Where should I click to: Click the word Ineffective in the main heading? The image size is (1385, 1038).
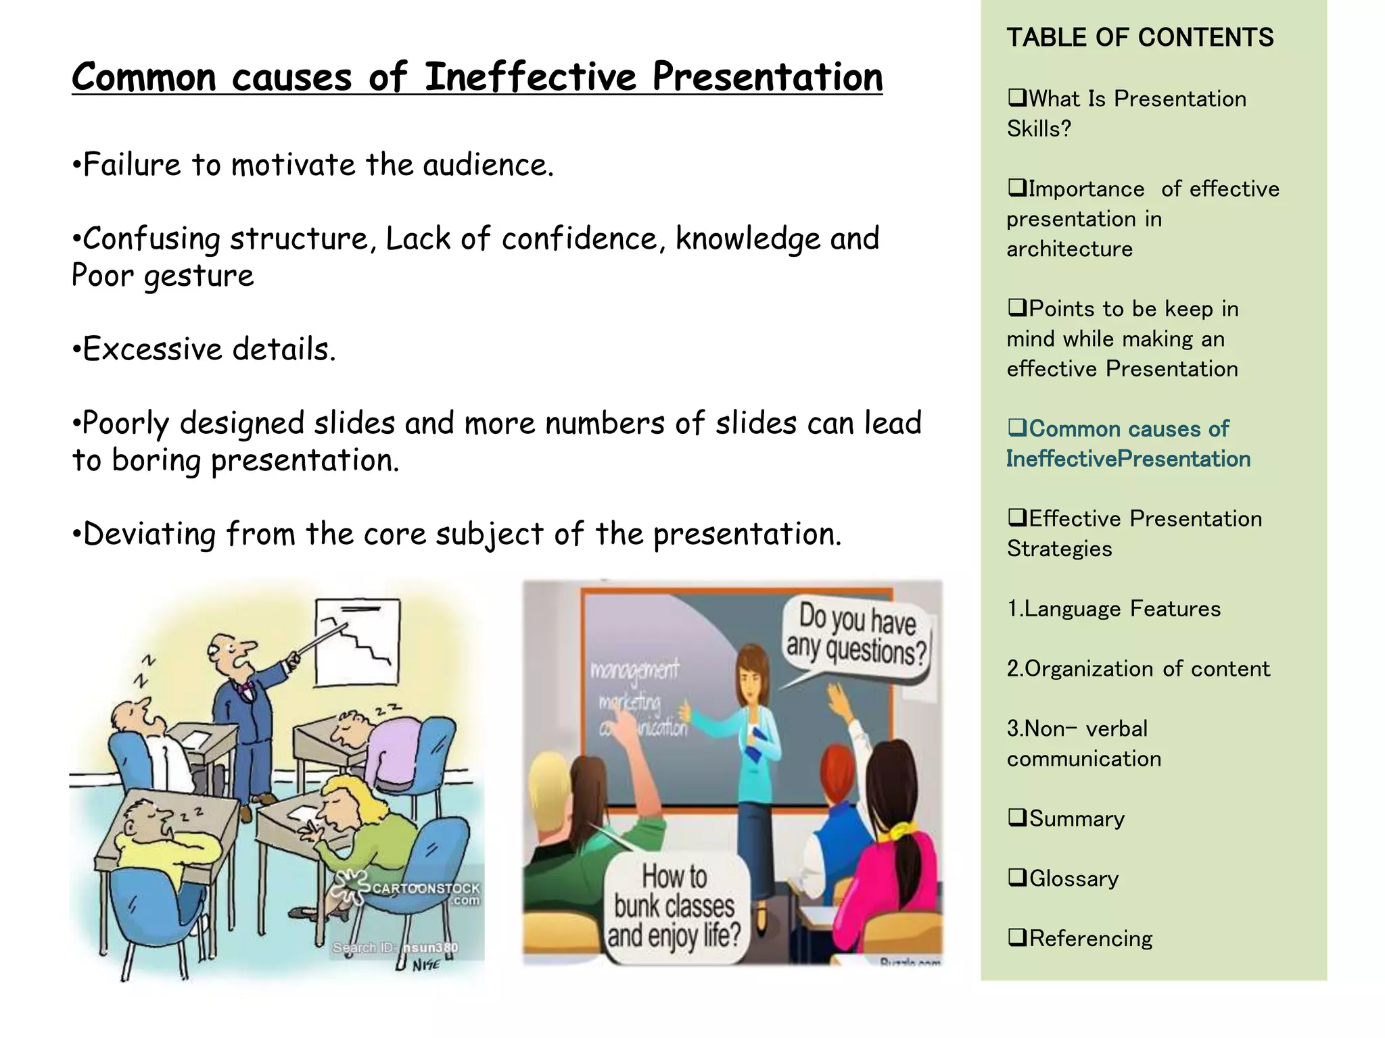(x=530, y=76)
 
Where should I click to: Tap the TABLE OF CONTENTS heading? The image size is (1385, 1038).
(x=1140, y=38)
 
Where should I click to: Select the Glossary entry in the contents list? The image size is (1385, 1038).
(x=1073, y=879)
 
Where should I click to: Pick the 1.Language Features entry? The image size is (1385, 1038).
(x=1113, y=609)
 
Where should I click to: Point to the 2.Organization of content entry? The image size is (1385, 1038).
(x=1138, y=669)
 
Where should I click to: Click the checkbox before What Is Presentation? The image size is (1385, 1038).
(x=1016, y=99)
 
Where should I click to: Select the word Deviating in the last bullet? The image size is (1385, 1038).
(x=149, y=534)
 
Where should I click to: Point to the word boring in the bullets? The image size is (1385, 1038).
(x=156, y=461)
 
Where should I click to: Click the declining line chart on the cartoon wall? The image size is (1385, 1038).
(x=358, y=638)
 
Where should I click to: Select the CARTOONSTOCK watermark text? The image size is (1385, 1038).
(x=425, y=888)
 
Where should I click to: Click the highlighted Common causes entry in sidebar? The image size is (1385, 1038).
(x=1128, y=444)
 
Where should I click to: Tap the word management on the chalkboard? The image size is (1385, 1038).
(x=634, y=670)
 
